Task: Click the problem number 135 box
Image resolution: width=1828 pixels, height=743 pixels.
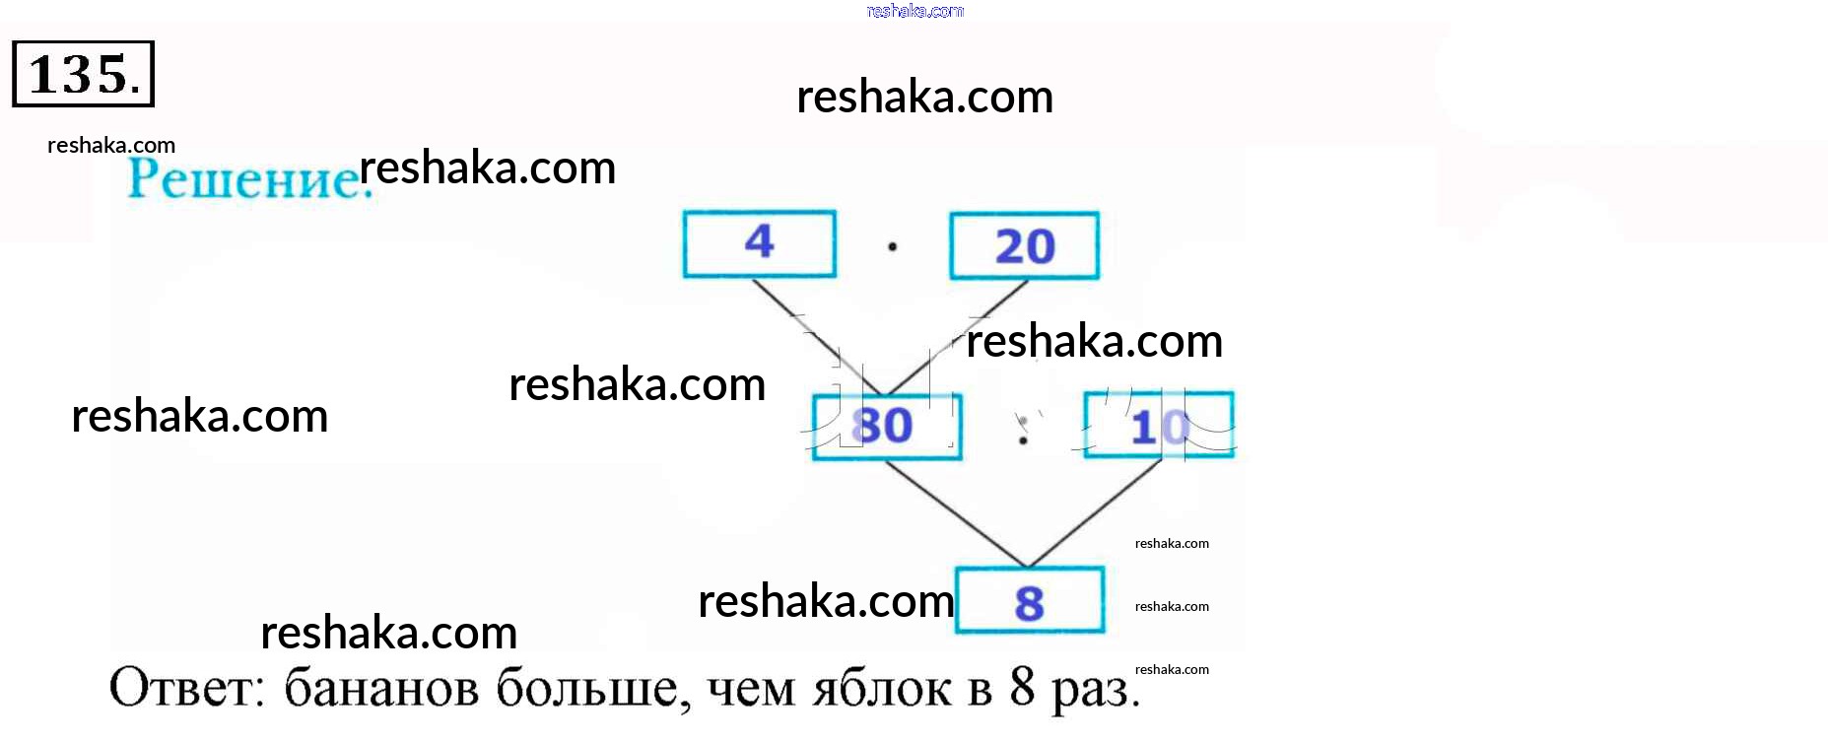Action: (x=83, y=74)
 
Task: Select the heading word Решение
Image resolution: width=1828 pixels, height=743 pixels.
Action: (x=246, y=179)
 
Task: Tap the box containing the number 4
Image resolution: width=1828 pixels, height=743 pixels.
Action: (x=759, y=243)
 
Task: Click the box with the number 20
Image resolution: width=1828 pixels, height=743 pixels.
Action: (x=1024, y=246)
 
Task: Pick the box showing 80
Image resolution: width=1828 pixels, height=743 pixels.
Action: (x=886, y=427)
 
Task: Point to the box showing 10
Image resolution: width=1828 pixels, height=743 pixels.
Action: (x=1158, y=426)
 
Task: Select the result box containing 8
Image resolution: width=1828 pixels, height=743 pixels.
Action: (x=1029, y=601)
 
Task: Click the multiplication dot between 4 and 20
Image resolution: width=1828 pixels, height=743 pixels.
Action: (x=892, y=246)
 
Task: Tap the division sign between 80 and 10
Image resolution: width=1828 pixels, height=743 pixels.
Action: (x=1023, y=431)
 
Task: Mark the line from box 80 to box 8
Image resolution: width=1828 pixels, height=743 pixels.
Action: (x=956, y=514)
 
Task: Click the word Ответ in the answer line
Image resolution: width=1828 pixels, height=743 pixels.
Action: (x=186, y=688)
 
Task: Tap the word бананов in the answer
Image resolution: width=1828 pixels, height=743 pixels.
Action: (x=380, y=688)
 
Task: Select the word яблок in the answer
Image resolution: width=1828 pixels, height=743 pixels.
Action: (x=882, y=688)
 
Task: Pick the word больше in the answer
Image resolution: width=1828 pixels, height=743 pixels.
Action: (x=587, y=688)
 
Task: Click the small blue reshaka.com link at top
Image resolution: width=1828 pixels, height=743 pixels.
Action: (x=914, y=11)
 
